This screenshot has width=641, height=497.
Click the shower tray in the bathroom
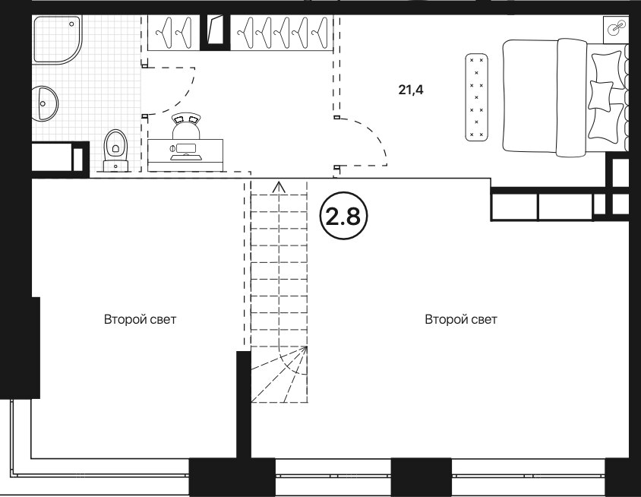pos(57,40)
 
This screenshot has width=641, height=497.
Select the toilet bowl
pos(116,149)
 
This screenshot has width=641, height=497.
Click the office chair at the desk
pos(186,126)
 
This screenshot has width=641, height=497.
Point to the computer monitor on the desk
pos(185,147)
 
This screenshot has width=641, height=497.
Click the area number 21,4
pos(411,90)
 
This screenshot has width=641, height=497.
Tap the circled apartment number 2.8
pos(344,216)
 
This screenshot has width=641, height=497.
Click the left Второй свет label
pos(141,319)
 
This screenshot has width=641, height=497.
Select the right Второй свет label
pos(461,319)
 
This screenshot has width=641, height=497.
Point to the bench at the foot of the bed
pos(477,97)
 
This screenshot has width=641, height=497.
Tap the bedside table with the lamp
pos(616,30)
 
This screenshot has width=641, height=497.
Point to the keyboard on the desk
pos(186,157)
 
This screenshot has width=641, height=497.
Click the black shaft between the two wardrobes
pos(215,33)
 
